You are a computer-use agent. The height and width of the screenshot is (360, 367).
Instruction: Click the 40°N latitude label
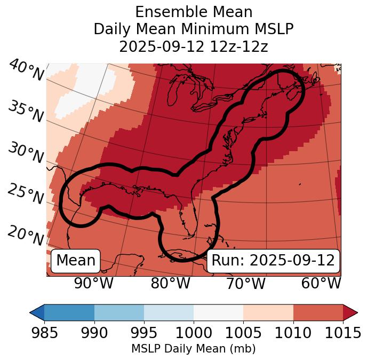26,71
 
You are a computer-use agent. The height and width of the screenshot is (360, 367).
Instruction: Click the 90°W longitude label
93,283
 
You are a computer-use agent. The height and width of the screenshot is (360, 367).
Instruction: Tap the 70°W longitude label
245,283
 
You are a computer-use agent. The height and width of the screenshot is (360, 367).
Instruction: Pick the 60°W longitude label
321,283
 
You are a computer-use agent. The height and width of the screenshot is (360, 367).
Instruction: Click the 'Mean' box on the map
76,261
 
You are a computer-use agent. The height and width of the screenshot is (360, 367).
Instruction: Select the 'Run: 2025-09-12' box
273,261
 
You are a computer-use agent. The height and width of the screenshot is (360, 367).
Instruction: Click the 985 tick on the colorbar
44,333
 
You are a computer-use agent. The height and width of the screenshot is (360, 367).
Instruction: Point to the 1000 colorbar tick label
194,333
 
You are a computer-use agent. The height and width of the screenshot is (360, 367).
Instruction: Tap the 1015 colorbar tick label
342,333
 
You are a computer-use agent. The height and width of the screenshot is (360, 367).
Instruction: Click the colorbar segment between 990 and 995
119,312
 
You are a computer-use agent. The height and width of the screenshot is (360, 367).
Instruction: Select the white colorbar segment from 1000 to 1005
218,312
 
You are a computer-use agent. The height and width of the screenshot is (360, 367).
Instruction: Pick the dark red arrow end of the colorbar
350,312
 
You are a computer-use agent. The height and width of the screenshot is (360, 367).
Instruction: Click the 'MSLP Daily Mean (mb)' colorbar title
193,349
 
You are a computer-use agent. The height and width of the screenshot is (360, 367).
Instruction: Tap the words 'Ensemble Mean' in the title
194,12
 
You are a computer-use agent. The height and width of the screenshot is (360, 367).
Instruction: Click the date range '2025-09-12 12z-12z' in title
194,46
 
